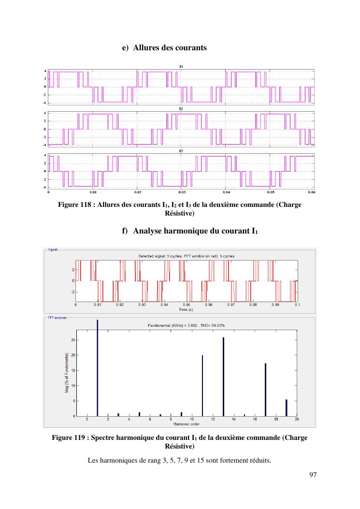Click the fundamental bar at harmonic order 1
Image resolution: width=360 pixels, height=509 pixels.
97,367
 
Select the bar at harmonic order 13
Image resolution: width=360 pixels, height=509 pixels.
223,377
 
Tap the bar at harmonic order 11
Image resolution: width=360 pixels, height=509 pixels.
202,385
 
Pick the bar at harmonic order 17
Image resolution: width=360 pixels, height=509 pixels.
265,389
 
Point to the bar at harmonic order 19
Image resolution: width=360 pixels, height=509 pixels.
286,407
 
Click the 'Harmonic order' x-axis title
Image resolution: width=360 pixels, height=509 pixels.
186,424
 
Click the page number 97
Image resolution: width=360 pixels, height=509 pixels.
313,475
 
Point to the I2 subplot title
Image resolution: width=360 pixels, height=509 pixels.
181,109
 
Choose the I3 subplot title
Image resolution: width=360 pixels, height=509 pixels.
181,151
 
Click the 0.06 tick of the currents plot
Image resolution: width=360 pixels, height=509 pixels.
312,192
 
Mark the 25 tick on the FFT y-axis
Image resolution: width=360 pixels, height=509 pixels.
72,340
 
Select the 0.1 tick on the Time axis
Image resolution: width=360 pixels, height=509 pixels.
297,305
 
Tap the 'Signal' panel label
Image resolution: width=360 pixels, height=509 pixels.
52,249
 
